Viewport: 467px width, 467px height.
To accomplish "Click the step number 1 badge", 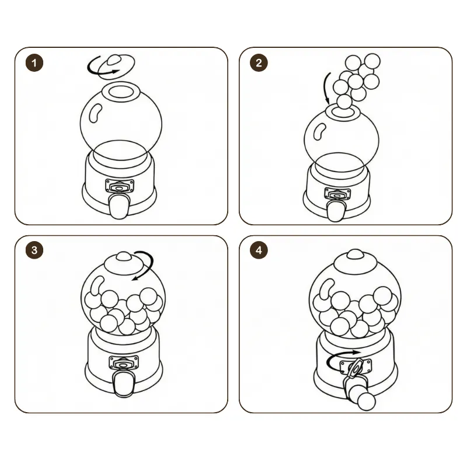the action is click(34, 63).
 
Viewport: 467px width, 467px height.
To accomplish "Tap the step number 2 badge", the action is click(259, 63).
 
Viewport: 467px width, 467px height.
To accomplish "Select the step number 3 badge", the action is click(34, 250).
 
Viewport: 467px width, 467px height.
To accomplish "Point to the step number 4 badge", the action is click(259, 250).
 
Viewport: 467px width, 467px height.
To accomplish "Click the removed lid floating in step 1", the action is click(116, 66).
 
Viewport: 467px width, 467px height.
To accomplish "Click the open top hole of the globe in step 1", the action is click(121, 92).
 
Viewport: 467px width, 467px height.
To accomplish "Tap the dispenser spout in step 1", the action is click(119, 206).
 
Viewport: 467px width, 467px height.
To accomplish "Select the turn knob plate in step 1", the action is click(120, 186).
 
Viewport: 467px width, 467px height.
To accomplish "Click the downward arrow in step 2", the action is click(327, 88).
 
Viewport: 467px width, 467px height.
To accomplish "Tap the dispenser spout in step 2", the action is click(336, 211).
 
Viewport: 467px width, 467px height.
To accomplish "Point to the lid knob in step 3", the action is click(124, 256).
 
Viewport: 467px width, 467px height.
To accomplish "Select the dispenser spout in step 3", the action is click(124, 384).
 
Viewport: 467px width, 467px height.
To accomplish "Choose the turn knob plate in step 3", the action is click(124, 363).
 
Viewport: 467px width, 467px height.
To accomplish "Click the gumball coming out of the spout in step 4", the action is click(367, 402).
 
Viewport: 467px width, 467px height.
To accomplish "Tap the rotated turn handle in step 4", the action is click(356, 368).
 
